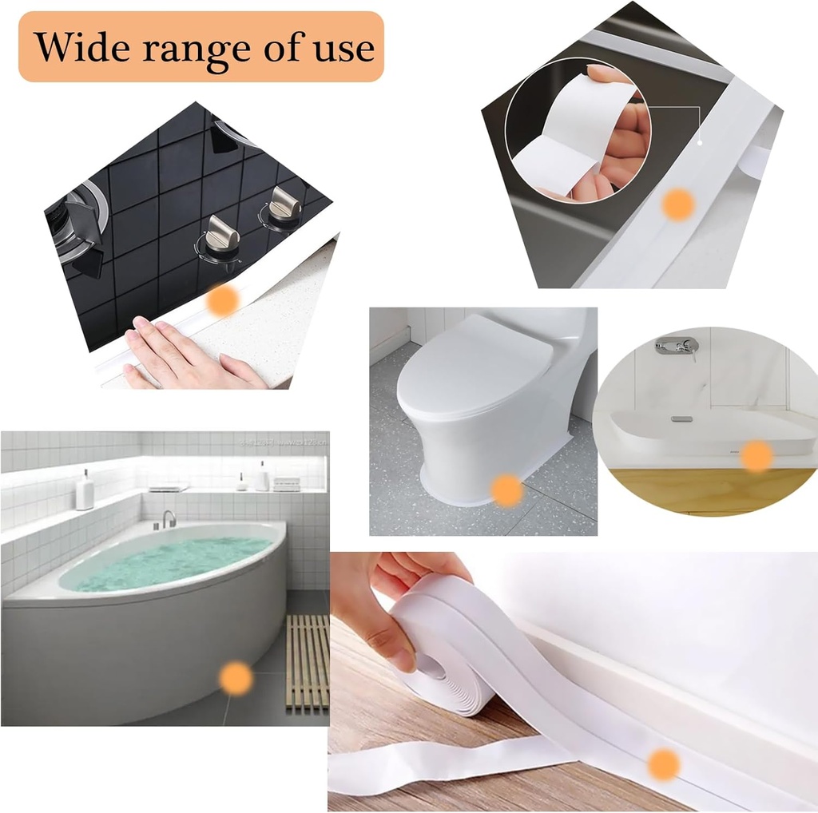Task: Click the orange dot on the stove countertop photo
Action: coord(223,301)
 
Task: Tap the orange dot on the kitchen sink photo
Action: coord(678,205)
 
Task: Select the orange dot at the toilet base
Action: coord(506,489)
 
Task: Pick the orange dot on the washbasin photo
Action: coord(756,456)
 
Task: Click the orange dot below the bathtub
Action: coord(236,677)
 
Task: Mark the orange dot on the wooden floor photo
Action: coord(663,764)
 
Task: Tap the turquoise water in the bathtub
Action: coord(168,562)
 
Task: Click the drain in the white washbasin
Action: coord(681,418)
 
